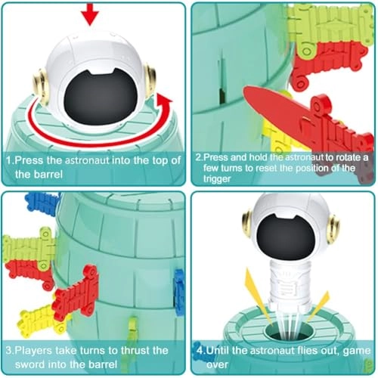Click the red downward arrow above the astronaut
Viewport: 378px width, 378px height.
coord(90,14)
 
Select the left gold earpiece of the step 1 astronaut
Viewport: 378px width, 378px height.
coord(40,86)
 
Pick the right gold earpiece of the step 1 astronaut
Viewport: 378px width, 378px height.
coord(150,81)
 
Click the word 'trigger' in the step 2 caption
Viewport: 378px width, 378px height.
coord(217,178)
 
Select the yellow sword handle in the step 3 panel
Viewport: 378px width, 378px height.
coord(40,321)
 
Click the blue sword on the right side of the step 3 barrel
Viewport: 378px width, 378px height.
coord(179,293)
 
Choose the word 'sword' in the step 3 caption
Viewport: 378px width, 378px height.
coord(29,364)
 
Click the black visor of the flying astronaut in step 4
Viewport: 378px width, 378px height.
coord(286,237)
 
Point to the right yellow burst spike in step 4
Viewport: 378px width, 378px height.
coord(318,307)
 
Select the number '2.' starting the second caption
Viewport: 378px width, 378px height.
coord(200,157)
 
